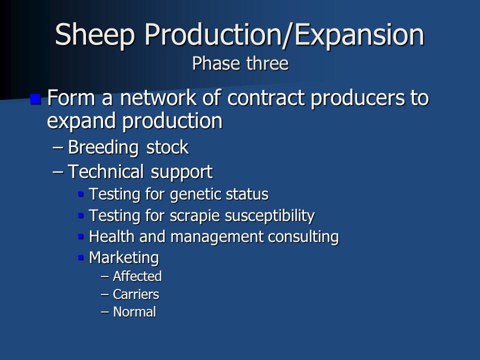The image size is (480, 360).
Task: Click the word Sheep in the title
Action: pos(95,35)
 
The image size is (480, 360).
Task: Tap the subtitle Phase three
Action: pos(240,63)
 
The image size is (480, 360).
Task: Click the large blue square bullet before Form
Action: pos(35,99)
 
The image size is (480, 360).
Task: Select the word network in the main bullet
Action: pos(158,97)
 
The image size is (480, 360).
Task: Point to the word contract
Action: pos(266,98)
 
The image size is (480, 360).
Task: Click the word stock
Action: pos(167,147)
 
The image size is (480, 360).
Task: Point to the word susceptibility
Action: pos(269,216)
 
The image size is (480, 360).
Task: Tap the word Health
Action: pos(111,236)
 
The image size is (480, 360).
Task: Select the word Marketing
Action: pos(124,258)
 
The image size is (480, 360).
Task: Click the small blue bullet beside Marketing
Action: pos(81,257)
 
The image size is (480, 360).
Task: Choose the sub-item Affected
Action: pos(137,276)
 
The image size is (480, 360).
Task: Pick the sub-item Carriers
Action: pos(136,294)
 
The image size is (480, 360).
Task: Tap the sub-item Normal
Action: pos(134,312)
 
